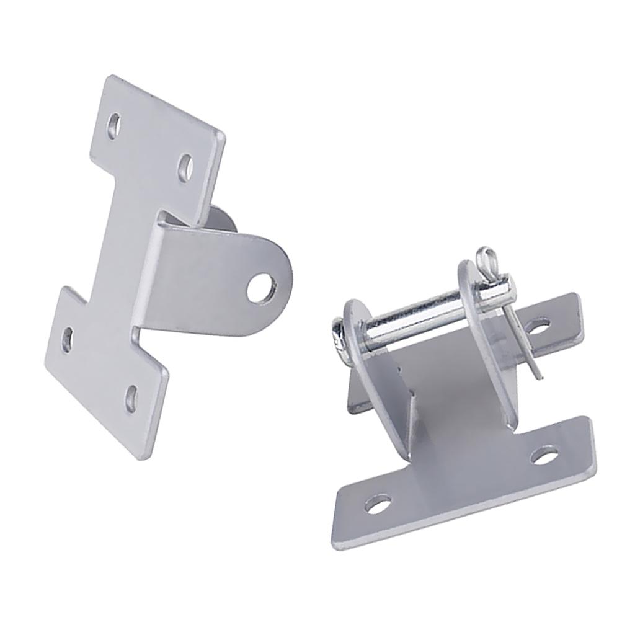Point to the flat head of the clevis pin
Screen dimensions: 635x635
336,338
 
